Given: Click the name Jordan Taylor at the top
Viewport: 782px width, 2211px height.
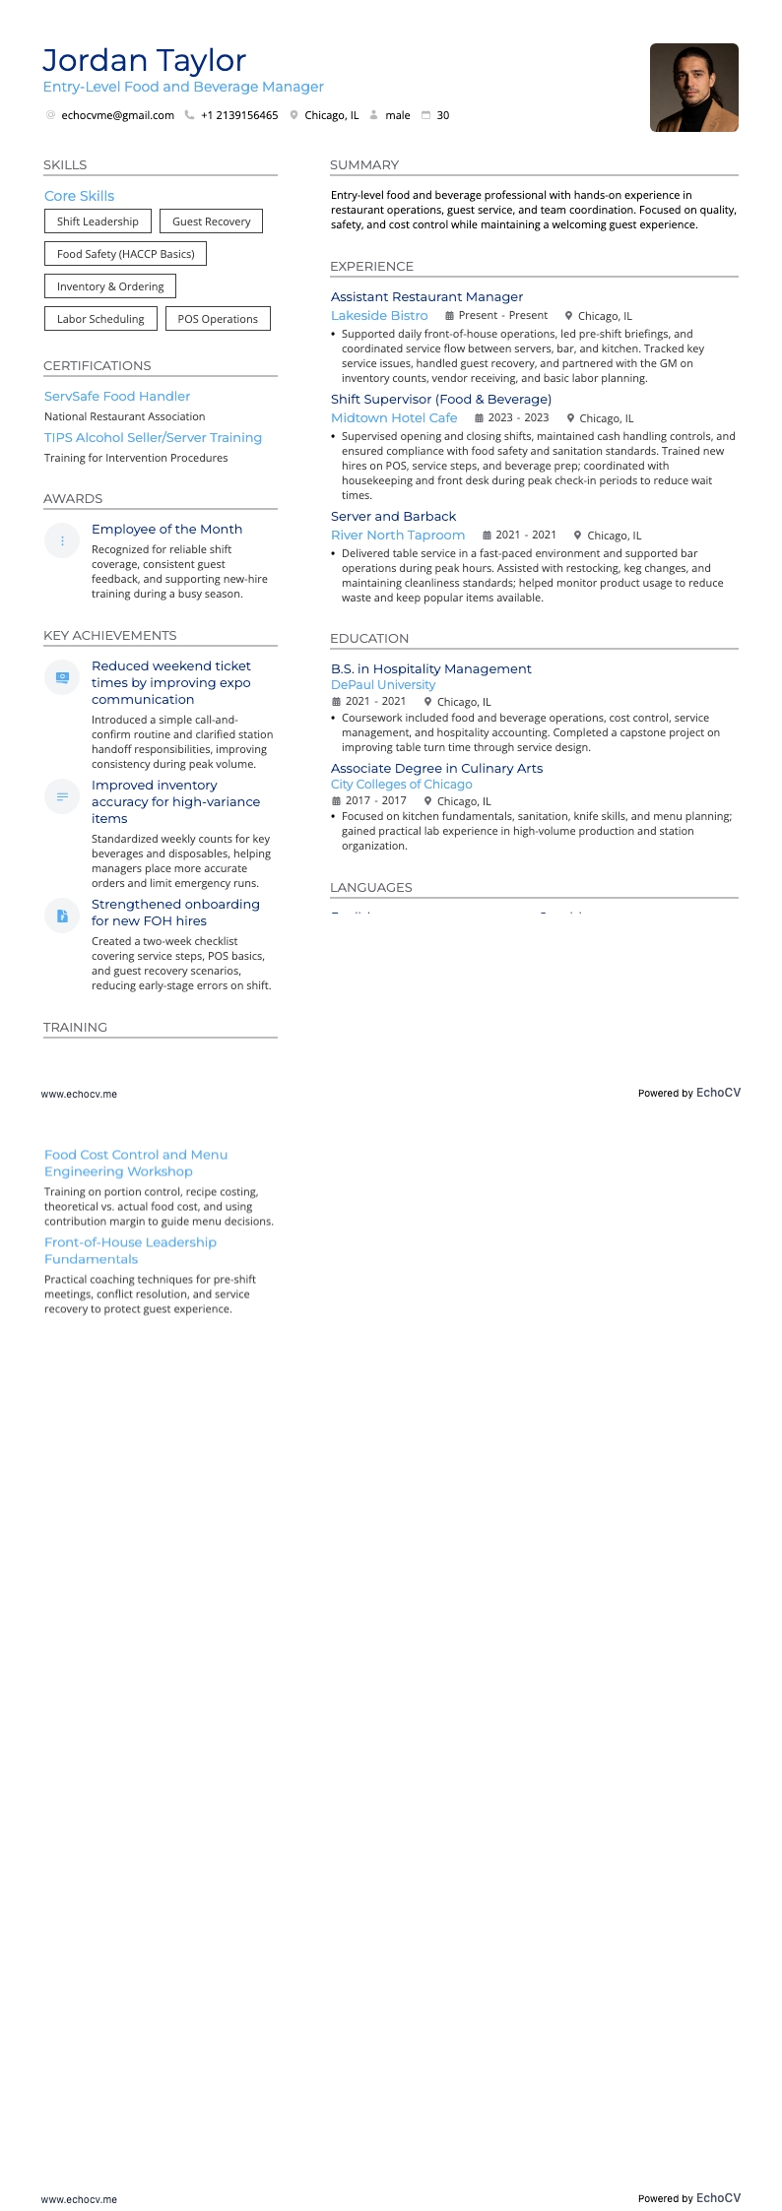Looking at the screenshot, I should pyautogui.click(x=144, y=60).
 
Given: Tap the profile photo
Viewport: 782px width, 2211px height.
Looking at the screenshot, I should pyautogui.click(x=693, y=88).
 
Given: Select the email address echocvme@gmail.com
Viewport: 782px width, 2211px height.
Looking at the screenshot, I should pyautogui.click(x=117, y=115).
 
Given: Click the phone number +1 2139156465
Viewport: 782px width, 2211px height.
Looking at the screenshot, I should pyautogui.click(x=238, y=115).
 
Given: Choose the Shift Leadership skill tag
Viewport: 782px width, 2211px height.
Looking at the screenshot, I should pyautogui.click(x=98, y=221).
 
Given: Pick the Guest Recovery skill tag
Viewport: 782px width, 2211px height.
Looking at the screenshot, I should pyautogui.click(x=211, y=221).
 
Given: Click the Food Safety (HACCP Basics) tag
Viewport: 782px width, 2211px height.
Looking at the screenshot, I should pyautogui.click(x=125, y=254).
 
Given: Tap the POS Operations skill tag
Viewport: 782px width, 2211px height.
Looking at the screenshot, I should pyautogui.click(x=218, y=319).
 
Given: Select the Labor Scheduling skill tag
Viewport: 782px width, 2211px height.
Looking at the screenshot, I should pyautogui.click(x=100, y=319).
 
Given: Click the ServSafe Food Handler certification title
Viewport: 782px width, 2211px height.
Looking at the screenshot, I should pyautogui.click(x=117, y=396).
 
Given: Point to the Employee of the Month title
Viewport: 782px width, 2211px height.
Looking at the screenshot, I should pyautogui.click(x=166, y=529).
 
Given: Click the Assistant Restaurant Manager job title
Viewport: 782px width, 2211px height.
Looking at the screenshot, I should pyautogui.click(x=426, y=296).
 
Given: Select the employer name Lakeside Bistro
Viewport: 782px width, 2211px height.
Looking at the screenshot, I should pyautogui.click(x=379, y=315).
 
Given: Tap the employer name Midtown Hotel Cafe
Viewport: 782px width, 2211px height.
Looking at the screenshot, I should pyautogui.click(x=394, y=417).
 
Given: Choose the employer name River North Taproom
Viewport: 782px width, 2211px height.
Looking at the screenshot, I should pyautogui.click(x=398, y=535).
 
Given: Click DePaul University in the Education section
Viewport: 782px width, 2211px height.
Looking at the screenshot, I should pyautogui.click(x=383, y=684).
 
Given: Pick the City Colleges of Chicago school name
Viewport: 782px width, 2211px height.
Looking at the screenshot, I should pyautogui.click(x=401, y=784).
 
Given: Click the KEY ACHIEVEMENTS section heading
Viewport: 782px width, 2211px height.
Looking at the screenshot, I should pyautogui.click(x=110, y=635).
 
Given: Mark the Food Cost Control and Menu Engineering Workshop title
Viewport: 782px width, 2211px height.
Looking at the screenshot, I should pyautogui.click(x=136, y=1163).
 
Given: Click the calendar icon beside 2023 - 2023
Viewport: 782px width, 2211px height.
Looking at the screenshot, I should pyautogui.click(x=480, y=417).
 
